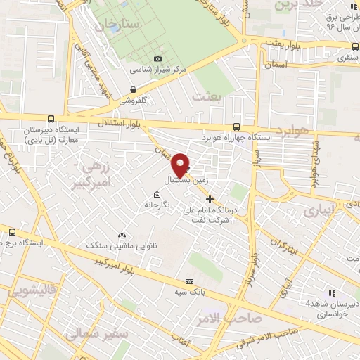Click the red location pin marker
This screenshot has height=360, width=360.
click(181, 165)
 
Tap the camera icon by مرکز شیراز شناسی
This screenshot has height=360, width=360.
click(157, 58)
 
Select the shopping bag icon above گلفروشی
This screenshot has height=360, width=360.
click(134, 89)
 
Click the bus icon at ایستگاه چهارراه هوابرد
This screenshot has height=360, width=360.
click(236, 127)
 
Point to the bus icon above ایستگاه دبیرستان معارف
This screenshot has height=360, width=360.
click(49, 119)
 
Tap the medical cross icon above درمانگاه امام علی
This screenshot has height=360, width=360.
click(209, 198)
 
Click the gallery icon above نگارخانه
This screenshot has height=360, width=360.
click(156, 195)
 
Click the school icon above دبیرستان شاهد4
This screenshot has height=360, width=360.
click(328, 293)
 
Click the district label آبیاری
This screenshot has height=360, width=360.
click(321, 210)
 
